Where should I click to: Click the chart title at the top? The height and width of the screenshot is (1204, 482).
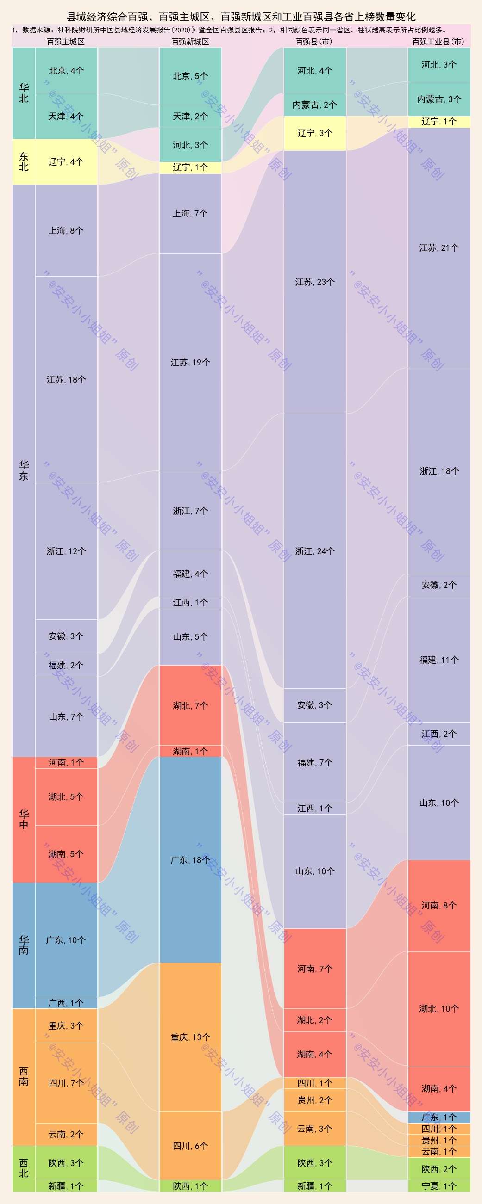(x=241, y=17)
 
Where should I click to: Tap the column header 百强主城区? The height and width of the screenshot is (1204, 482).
(x=66, y=42)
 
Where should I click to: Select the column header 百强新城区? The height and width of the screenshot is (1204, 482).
(x=190, y=42)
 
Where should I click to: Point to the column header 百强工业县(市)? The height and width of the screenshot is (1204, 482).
(x=438, y=42)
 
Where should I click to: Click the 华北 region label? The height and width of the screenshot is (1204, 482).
(x=24, y=93)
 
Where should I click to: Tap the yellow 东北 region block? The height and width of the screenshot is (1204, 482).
(x=24, y=162)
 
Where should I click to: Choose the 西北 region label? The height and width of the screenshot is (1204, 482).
(x=24, y=1168)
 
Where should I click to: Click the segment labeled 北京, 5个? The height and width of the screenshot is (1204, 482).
(x=190, y=76)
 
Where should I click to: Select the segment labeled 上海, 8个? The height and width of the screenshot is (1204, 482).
(x=66, y=230)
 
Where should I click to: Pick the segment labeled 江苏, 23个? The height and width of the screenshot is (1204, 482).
(x=314, y=282)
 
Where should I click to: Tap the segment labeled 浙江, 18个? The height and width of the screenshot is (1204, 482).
(x=439, y=471)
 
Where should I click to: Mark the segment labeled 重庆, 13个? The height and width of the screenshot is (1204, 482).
(x=190, y=1037)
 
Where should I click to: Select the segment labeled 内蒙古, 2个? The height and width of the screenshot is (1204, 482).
(x=314, y=105)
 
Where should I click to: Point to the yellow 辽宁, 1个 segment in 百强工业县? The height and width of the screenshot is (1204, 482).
(x=439, y=122)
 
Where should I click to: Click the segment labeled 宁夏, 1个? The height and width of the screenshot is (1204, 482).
(x=439, y=1186)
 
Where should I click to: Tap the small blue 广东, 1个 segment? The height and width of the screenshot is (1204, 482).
(x=439, y=1117)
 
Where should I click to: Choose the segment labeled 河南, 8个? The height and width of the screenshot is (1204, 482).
(x=439, y=905)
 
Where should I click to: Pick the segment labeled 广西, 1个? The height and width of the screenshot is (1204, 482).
(x=66, y=1002)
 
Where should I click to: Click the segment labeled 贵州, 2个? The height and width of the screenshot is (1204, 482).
(x=314, y=1100)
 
